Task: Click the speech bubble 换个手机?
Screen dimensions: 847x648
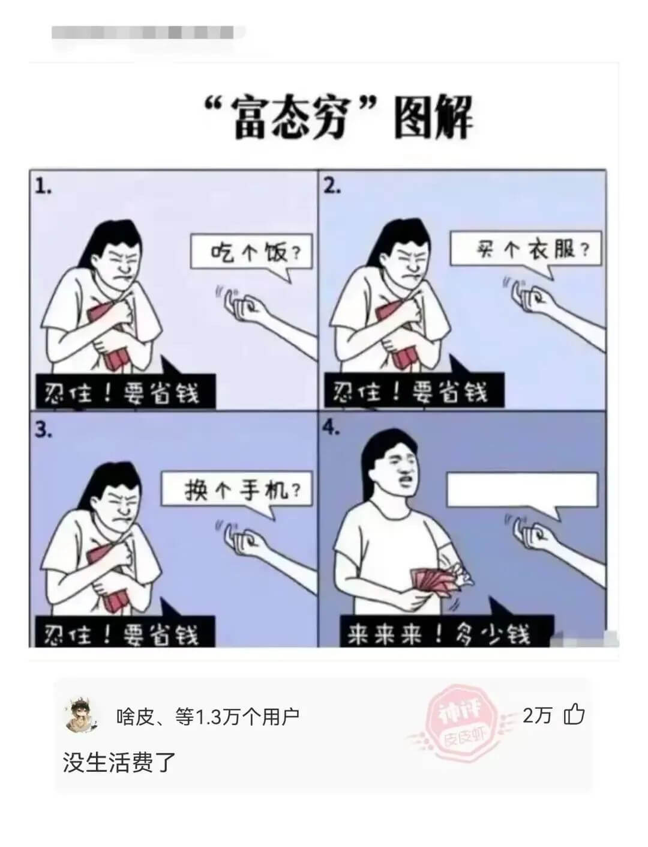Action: (236, 491)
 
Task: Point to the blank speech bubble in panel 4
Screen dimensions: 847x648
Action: (522, 490)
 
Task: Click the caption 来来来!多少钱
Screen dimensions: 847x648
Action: (438, 631)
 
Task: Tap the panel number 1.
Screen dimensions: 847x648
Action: (43, 187)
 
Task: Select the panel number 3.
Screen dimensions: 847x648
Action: (43, 430)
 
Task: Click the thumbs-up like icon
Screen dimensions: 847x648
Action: (574, 715)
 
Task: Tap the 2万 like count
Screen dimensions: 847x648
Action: (537, 715)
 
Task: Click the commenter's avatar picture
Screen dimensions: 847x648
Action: (81, 715)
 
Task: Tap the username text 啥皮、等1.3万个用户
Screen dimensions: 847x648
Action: (207, 716)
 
